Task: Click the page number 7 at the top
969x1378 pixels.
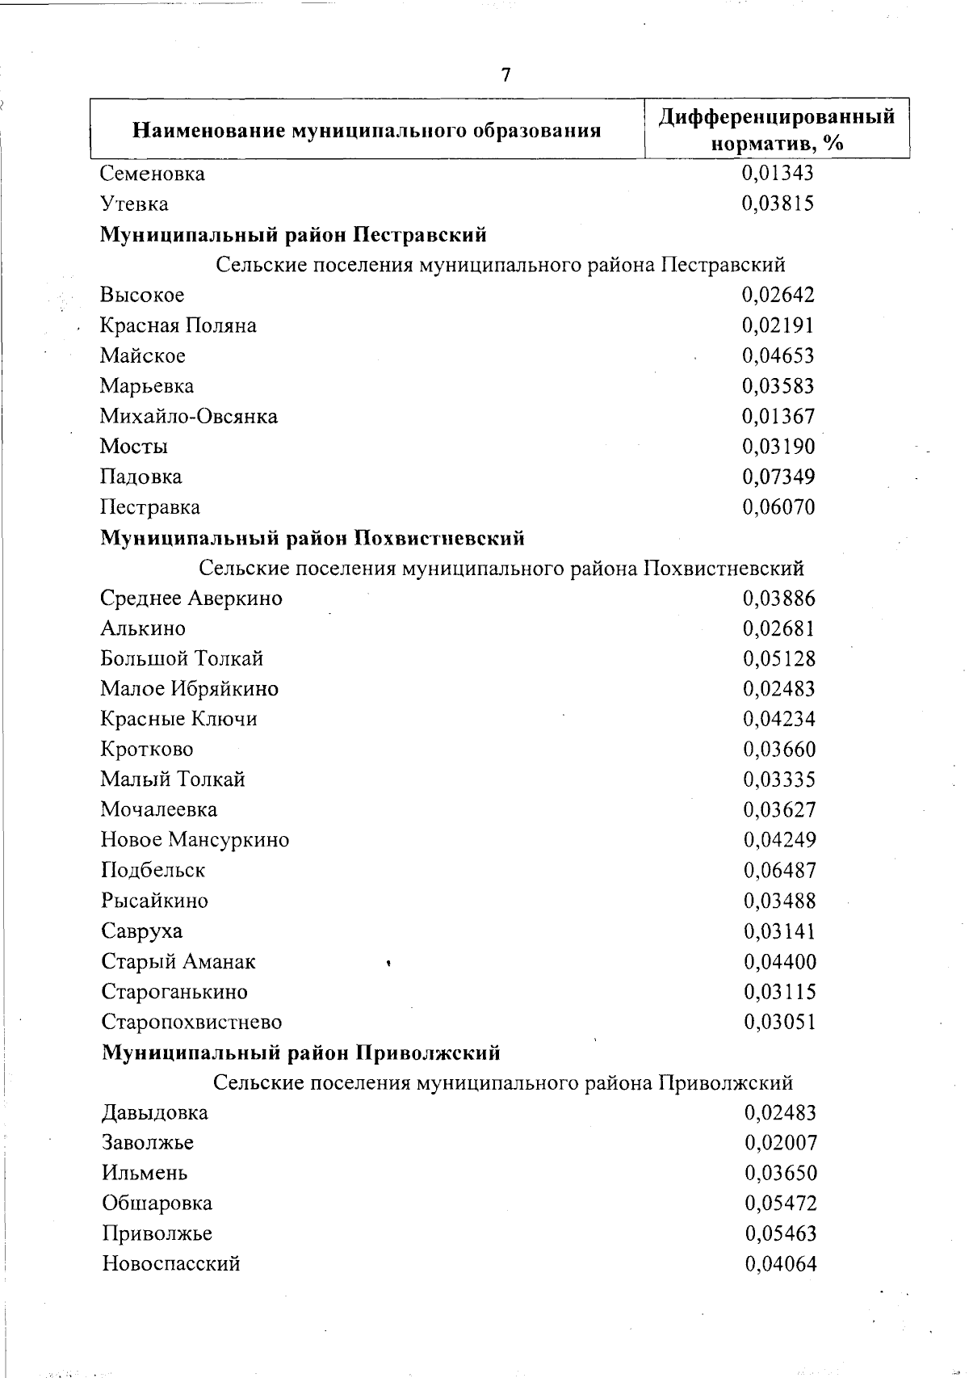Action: [x=505, y=75]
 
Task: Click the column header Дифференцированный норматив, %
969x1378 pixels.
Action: [x=777, y=129]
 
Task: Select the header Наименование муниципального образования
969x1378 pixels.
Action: [x=367, y=130]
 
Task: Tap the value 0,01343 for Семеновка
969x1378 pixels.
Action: [x=778, y=173]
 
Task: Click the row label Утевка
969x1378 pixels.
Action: [x=135, y=204]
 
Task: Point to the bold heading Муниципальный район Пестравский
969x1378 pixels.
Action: [x=293, y=235]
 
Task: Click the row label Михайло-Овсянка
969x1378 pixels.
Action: [x=189, y=417]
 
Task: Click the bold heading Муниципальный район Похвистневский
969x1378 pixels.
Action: [x=313, y=538]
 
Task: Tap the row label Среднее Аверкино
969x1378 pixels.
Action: [x=191, y=599]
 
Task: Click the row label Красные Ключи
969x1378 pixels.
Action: [x=179, y=719]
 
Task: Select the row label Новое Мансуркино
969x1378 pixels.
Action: [x=195, y=840]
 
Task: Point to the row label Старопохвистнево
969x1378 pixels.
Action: [x=192, y=1022]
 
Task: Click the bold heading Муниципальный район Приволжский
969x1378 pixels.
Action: [x=301, y=1053]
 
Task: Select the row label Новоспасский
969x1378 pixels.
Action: [x=171, y=1264]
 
